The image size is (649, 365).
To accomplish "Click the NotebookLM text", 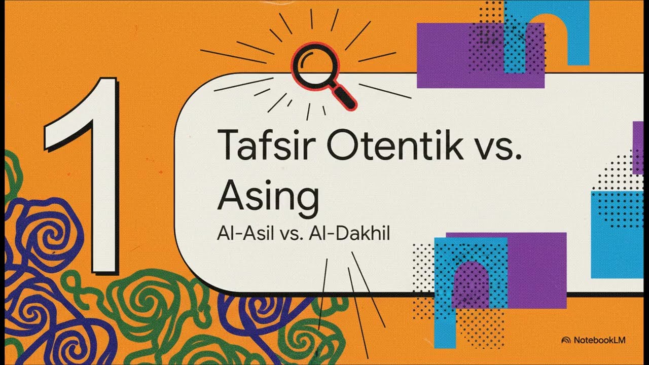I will click(599, 340).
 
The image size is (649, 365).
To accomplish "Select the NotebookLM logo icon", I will click(566, 340).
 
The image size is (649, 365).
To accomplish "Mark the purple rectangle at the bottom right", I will click(537, 269).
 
